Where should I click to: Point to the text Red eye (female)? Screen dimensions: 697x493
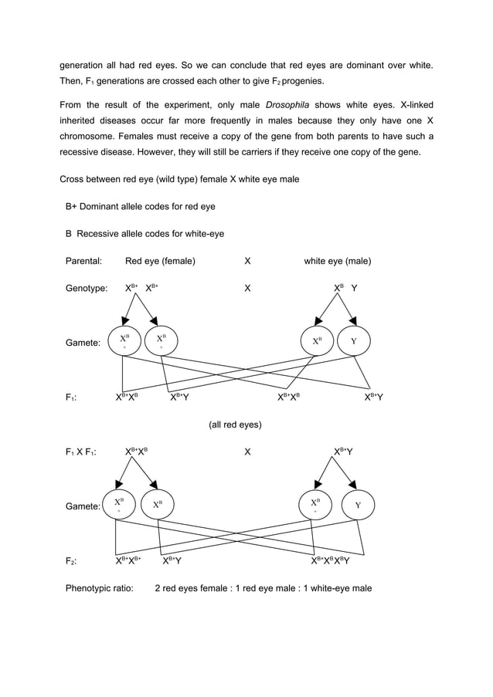tap(160, 261)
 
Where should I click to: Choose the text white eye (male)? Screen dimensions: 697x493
tap(337, 261)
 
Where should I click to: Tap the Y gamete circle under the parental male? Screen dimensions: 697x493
tap(354, 340)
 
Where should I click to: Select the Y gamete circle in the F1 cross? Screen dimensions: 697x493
tap(357, 506)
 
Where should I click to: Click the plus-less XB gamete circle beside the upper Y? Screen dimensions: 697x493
tap(317, 340)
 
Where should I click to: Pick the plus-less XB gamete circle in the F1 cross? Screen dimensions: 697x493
tap(158, 505)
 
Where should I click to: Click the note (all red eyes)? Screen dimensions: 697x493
tap(235, 425)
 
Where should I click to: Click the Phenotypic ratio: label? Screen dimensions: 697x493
tap(99, 588)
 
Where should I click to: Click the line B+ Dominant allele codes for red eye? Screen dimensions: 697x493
tap(140, 207)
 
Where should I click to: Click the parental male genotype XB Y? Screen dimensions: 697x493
tap(345, 289)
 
